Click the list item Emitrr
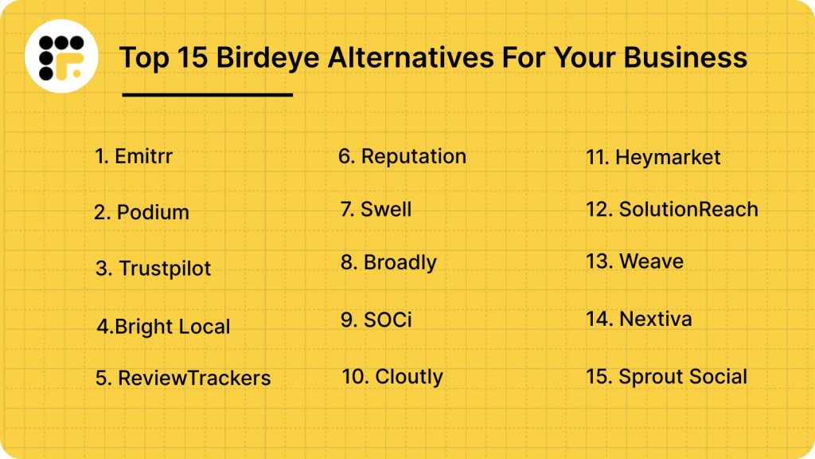click(134, 156)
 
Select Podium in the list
click(142, 212)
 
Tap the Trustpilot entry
click(154, 269)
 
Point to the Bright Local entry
click(163, 327)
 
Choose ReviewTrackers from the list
click(183, 378)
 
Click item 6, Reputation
click(402, 156)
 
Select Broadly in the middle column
click(388, 263)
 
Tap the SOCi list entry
click(376, 320)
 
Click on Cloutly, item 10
click(392, 376)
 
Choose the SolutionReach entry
click(672, 210)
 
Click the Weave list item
click(634, 261)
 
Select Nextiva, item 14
click(638, 320)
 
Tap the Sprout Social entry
click(666, 377)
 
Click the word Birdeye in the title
click(262, 58)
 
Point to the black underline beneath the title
click(208, 95)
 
